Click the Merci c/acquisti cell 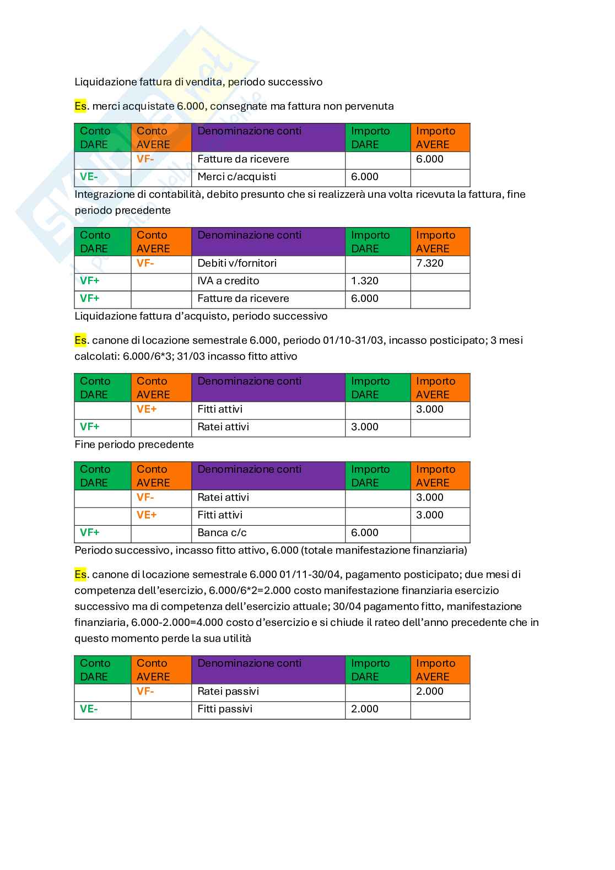[236, 177]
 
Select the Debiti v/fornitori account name [237, 263]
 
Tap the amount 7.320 [429, 263]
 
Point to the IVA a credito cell [228, 281]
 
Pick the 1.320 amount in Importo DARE [365, 281]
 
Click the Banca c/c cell [222, 533]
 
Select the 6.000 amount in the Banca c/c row [365, 533]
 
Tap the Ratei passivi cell [228, 691]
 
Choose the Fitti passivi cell [225, 709]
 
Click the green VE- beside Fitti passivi [89, 709]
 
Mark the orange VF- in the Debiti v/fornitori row [145, 263]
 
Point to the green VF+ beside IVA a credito [90, 281]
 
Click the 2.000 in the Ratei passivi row [429, 691]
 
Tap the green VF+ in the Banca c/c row [90, 533]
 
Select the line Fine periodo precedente [134, 445]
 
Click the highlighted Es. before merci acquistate [80, 106]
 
